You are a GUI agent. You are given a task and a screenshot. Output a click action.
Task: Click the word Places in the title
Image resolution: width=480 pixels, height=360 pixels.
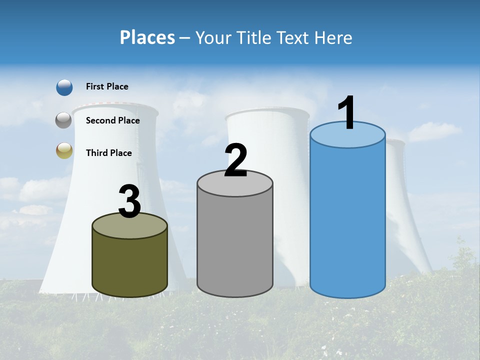click(147, 37)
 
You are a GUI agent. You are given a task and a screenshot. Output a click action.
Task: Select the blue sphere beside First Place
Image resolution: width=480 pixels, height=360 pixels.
click(64, 87)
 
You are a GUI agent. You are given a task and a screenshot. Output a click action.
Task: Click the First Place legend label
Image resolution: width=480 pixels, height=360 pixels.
click(107, 86)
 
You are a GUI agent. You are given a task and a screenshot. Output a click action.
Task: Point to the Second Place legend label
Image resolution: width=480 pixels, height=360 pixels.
click(112, 120)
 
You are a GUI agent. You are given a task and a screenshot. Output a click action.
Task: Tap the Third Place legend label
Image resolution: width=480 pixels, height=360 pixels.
click(108, 153)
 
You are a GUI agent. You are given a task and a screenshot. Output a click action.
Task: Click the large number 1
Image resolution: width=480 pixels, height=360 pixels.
click(346, 113)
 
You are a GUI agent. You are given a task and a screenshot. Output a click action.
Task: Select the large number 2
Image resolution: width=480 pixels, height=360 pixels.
click(235, 160)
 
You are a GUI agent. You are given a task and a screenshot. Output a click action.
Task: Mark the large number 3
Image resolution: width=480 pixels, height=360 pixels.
click(129, 202)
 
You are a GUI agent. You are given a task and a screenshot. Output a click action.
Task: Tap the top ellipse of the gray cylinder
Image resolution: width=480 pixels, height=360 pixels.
click(235, 185)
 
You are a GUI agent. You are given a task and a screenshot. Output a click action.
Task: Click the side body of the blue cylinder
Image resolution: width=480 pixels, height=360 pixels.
click(347, 220)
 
